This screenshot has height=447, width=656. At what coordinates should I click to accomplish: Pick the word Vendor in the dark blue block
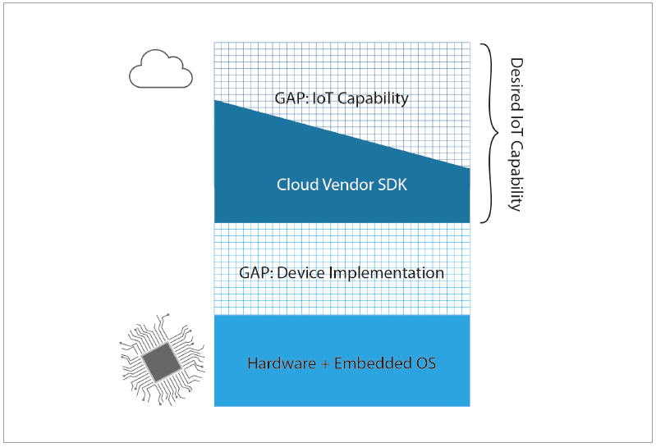coord(345,185)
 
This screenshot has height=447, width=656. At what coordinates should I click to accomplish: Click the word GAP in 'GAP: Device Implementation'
coord(255,272)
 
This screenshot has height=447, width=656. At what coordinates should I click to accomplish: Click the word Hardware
coord(280,362)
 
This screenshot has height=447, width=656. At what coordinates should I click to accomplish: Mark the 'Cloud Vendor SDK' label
coord(342,185)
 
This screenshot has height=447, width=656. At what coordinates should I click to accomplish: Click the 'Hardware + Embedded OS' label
coord(342,362)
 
